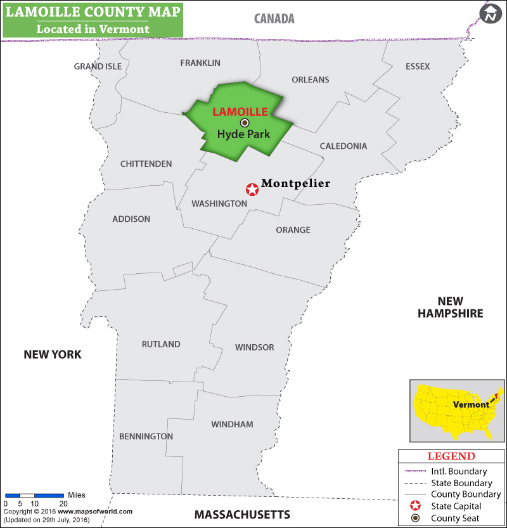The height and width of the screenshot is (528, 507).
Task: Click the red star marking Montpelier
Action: point(252,189)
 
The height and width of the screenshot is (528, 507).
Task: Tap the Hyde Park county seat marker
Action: point(245,123)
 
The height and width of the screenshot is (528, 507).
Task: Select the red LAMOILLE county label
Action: point(240,112)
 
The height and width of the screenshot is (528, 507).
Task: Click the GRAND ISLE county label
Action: point(97,67)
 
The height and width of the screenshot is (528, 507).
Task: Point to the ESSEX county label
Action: point(418,67)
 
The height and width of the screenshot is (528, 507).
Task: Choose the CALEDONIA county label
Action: point(343,146)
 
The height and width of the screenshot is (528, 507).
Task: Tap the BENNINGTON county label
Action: point(146,436)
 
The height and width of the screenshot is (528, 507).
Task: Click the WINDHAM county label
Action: point(232,424)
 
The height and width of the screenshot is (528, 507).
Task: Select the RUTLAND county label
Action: point(161,344)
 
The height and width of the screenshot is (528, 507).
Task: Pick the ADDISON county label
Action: point(131,219)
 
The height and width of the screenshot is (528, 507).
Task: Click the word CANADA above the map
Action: point(274,18)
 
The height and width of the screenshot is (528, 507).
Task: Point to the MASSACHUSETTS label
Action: point(242,514)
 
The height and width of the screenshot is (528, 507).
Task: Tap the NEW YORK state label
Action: point(53,354)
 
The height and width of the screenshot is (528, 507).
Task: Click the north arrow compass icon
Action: point(490,14)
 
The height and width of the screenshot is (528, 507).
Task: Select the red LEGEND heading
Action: point(451,456)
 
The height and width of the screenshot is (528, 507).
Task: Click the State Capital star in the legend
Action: point(415,506)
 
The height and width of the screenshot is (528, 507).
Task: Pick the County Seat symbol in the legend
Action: point(415,518)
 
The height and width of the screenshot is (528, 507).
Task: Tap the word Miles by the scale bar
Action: point(76,495)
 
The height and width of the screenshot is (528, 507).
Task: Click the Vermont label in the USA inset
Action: point(471,404)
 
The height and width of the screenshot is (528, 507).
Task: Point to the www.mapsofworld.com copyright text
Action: point(95,512)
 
